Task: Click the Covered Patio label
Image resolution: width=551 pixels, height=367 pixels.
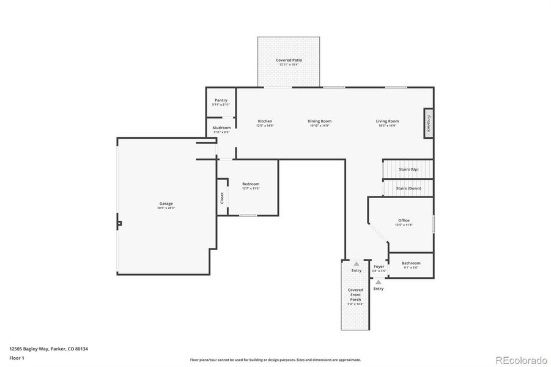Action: click(289, 60)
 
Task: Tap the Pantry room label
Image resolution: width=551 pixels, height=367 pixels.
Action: click(221, 100)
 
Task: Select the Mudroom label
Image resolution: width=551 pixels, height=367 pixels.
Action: click(221, 128)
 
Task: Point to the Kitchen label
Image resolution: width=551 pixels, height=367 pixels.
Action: click(265, 121)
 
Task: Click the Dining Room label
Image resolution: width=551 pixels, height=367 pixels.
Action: click(319, 121)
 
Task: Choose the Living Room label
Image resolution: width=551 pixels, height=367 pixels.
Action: click(387, 121)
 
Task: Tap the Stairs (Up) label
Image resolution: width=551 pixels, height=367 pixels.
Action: click(408, 168)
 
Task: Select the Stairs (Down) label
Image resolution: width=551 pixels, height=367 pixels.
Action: click(408, 188)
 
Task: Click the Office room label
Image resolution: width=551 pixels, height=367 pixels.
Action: click(404, 220)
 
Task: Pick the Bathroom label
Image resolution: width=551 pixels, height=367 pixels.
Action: click(411, 263)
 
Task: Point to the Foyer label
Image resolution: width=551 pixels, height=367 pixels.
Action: click(379, 267)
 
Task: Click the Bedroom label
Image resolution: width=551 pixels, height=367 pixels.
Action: click(251, 184)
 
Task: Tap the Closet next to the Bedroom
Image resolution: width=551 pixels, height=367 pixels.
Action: click(222, 198)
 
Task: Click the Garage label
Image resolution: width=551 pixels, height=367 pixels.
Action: click(166, 204)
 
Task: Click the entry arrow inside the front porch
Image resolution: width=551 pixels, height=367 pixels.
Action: click(356, 264)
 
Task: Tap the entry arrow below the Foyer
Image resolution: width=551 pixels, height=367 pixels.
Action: click(379, 282)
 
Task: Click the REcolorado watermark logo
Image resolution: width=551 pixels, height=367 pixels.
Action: click(521, 360)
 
